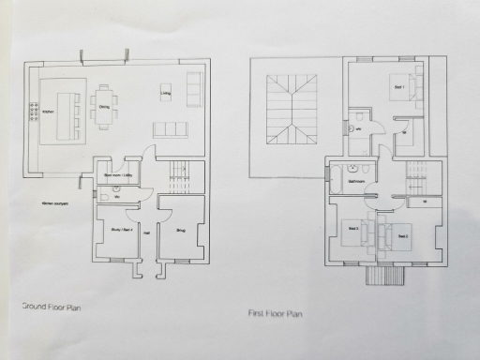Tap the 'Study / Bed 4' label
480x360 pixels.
[120, 229]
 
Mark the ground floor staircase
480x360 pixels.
[173, 173]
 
